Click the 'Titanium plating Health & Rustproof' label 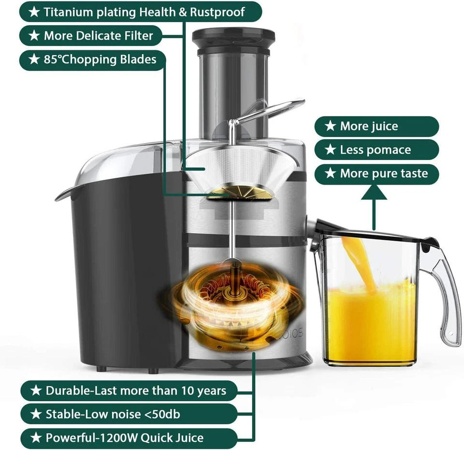pyautogui.click(x=140, y=12)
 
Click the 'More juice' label pyautogui.click(x=377, y=127)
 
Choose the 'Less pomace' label pyautogui.click(x=377, y=150)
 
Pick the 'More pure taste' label pyautogui.click(x=377, y=174)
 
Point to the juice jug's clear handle pyautogui.click(x=447, y=300)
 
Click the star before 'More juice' pyautogui.click(x=330, y=127)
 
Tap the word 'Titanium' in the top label pyautogui.click(x=66, y=12)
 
